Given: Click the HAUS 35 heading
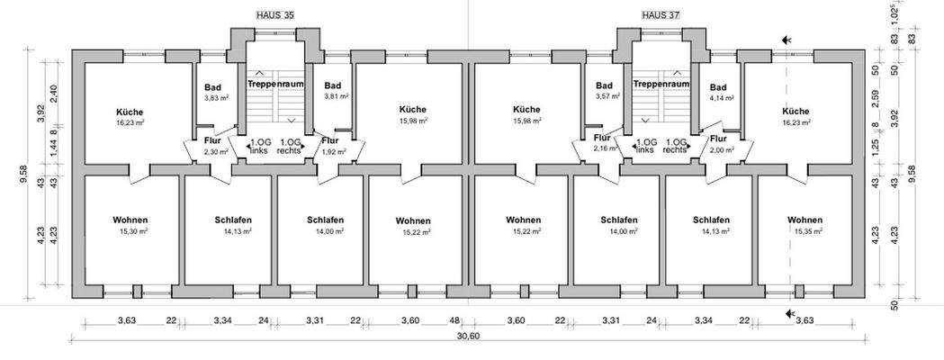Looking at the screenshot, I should tap(276, 16).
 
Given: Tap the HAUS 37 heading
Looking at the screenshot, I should tap(659, 16).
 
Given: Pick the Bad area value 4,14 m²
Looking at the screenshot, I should tap(723, 98).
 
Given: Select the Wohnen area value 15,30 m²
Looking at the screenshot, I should tap(131, 232).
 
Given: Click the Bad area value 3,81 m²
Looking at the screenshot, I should tap(336, 98).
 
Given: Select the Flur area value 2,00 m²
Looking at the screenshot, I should tap(721, 152).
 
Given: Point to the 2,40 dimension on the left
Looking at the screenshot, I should tap(53, 94).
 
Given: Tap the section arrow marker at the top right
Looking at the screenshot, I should tap(788, 40).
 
